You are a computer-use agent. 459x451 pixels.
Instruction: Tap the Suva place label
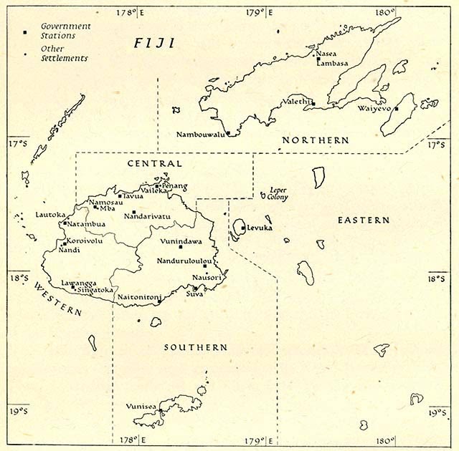[x=194, y=294]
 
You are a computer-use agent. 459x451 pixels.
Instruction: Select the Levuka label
[x=257, y=228]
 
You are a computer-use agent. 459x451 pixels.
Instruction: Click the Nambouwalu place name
[x=200, y=134]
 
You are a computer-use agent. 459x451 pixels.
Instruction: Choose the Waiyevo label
[x=374, y=109]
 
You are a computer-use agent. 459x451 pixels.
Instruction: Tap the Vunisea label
[x=138, y=406]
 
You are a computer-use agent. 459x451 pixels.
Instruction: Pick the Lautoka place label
[x=49, y=214]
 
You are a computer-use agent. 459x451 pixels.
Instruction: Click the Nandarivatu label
[x=147, y=215]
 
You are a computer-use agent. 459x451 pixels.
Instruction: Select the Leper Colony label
[x=276, y=193]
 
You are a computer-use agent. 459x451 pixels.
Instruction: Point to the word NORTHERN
[x=315, y=140]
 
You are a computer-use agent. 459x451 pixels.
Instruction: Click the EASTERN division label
[x=364, y=220]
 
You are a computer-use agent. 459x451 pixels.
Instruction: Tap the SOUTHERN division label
[x=196, y=347]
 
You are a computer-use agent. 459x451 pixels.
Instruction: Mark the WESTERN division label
[x=57, y=298]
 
